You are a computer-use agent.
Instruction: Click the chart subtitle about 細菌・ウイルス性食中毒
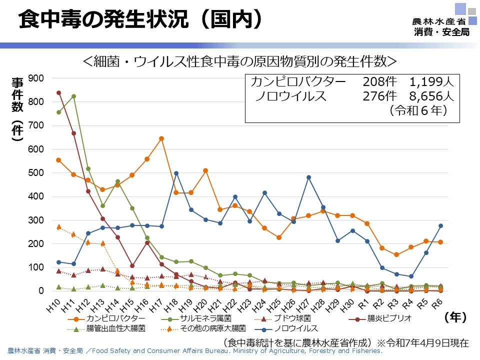click(239, 61)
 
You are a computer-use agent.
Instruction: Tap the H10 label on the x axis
click(53, 304)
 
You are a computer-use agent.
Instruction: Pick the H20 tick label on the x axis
click(200, 304)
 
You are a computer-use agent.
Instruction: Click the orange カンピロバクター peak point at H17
click(161, 138)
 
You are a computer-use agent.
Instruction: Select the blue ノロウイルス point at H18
click(176, 173)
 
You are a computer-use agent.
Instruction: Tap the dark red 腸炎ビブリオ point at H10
click(58, 92)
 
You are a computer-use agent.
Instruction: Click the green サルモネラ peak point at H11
click(73, 96)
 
